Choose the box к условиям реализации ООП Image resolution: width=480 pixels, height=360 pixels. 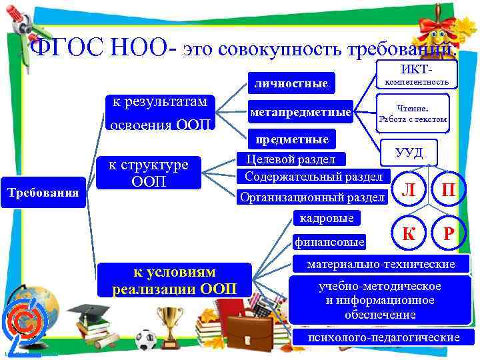coord(174,281)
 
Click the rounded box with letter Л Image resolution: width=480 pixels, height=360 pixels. coord(411,189)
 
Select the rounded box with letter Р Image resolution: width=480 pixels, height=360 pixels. coord(450,233)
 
